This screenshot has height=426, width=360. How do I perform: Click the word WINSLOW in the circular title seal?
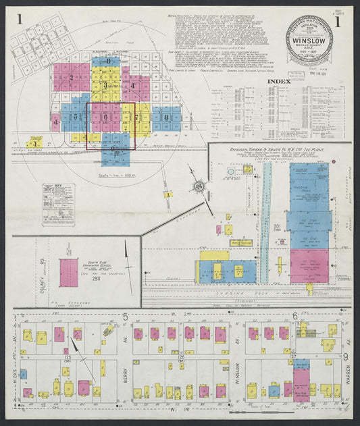tap(307, 38)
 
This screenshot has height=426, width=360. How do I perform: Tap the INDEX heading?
tap(281, 82)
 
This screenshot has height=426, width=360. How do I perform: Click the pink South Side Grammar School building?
tap(68, 272)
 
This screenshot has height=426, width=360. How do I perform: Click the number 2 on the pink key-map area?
tap(71, 77)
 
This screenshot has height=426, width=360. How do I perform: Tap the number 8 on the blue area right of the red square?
tap(166, 117)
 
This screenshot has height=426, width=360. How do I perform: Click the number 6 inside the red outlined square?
tap(105, 117)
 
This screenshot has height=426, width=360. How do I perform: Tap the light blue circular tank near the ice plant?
tap(230, 172)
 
